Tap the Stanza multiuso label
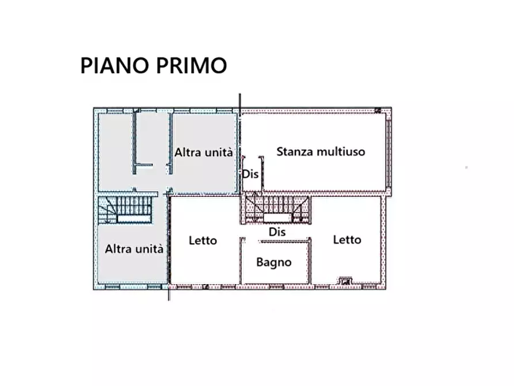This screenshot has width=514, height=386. coord(321,152)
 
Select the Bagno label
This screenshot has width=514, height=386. coord(274,262)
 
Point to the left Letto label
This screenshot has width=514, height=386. coord(203,240)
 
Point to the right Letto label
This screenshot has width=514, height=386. coord(347,240)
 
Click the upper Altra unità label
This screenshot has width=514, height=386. coord(204,153)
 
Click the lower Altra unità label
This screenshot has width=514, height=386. coord(134,249)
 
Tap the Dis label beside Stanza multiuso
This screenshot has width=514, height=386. coord(250,173)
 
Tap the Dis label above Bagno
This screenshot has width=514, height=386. coord(277,232)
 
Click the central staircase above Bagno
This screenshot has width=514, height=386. coord(276,208)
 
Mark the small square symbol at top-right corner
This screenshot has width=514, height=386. coord(378,109)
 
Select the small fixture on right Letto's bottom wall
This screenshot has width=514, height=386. coord(345,281)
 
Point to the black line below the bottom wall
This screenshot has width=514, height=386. coord(169,294)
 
